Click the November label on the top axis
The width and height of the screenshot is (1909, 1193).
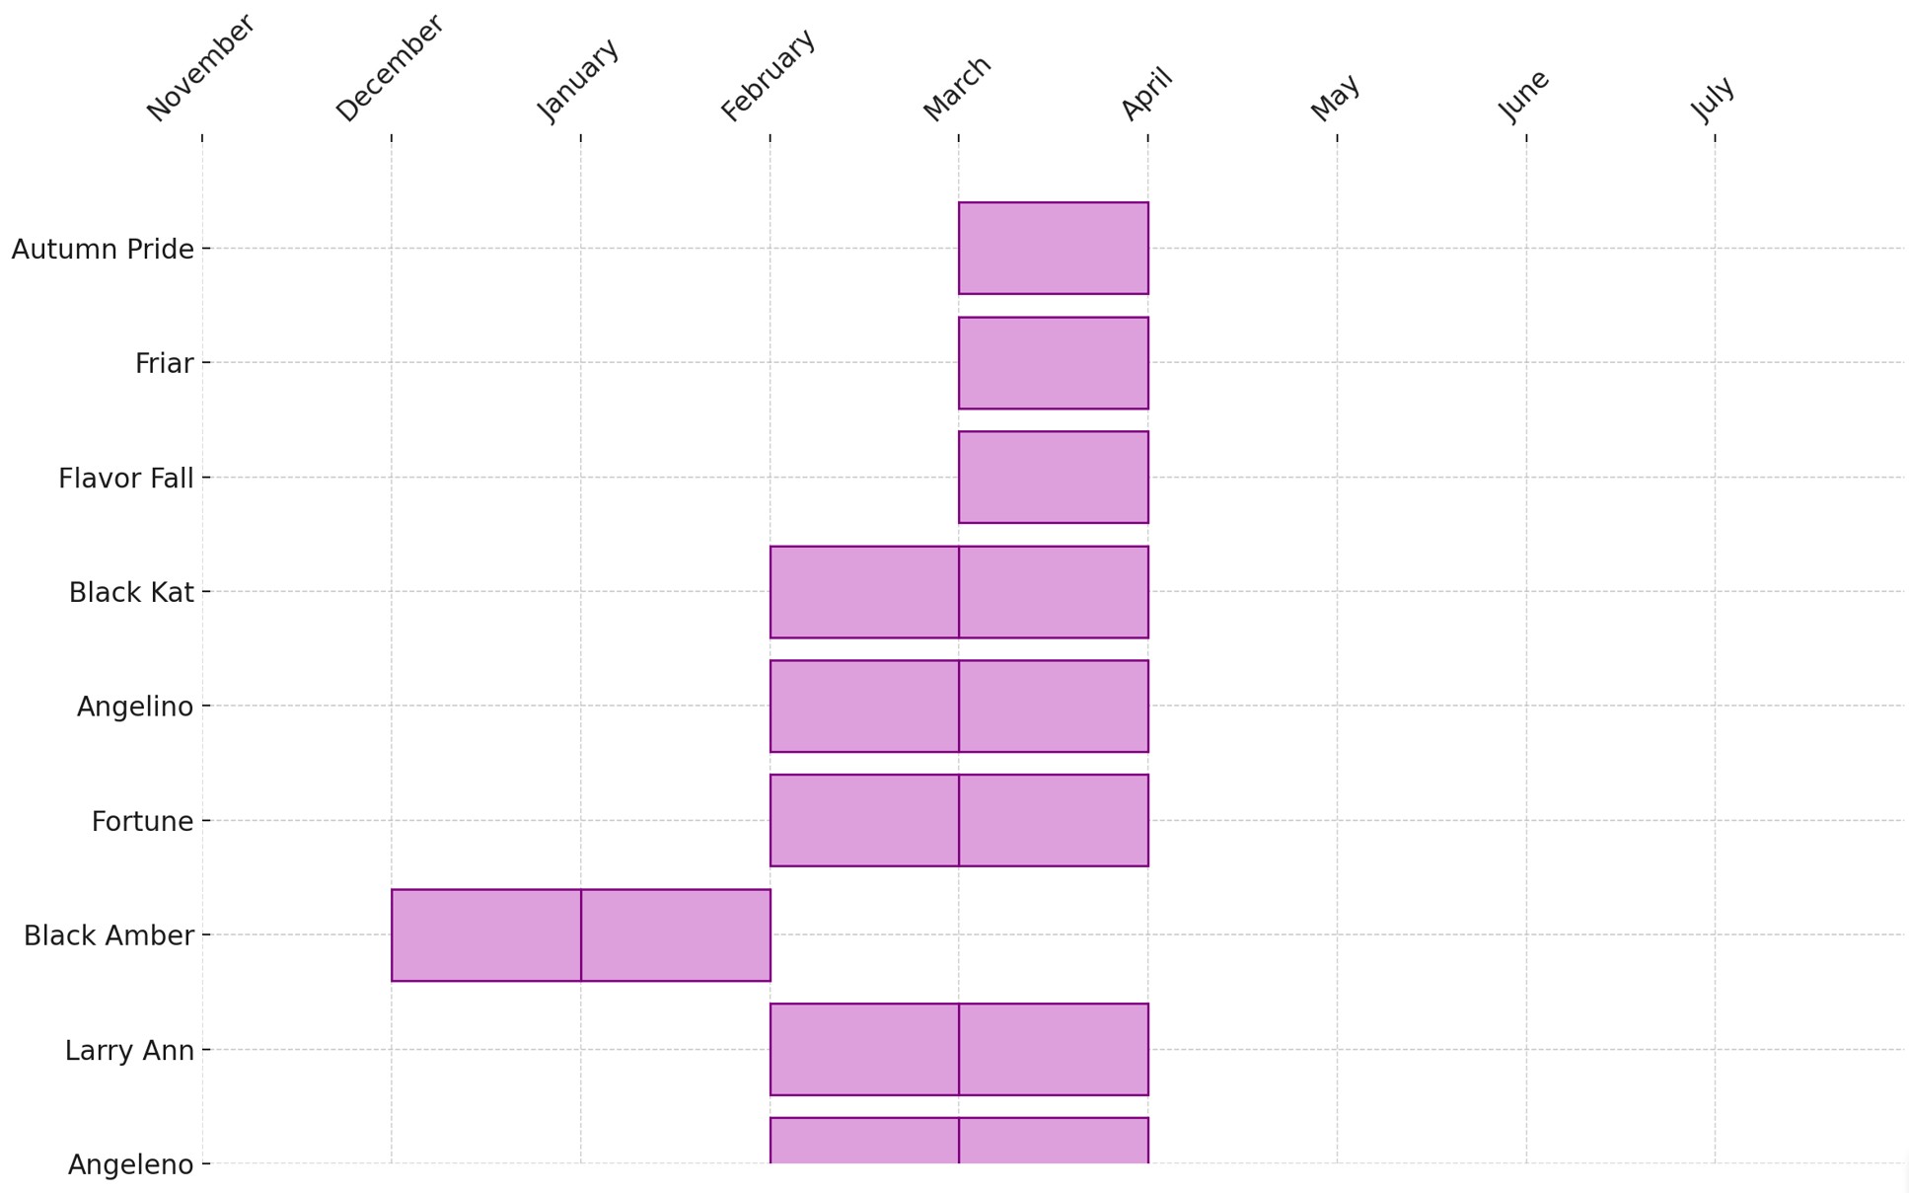pos(201,68)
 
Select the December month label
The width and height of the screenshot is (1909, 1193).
pos(390,68)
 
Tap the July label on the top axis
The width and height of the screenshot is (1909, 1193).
pos(1713,99)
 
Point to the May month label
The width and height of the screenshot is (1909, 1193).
pos(1336,98)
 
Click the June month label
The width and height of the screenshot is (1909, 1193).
pos(1524,96)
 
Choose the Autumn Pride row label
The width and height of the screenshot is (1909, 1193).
pos(103,250)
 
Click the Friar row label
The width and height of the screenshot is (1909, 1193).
pos(164,364)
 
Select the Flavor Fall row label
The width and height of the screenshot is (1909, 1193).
pos(126,479)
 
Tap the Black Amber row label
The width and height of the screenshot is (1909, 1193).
pos(109,935)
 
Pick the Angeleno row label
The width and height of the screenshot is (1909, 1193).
pos(130,1164)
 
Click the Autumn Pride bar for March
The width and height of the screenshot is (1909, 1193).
pos(1053,249)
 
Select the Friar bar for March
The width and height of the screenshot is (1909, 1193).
pos(1053,363)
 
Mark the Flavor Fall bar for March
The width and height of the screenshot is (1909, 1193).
pos(1053,478)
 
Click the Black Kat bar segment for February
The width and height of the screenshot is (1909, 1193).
pos(864,592)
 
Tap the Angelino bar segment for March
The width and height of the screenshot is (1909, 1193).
pos(1053,707)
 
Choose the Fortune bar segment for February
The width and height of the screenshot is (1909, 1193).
pos(864,821)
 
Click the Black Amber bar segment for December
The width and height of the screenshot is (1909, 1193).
pos(486,935)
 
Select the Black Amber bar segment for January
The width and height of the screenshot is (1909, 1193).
pos(676,935)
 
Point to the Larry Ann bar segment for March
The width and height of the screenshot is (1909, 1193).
pos(1053,1050)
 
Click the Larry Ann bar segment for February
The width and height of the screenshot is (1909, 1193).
pos(864,1050)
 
